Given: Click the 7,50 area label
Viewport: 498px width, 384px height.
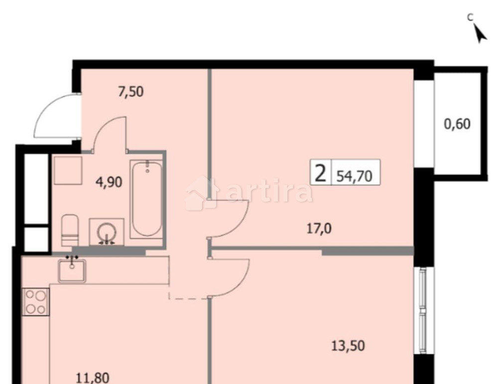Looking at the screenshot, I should click(x=131, y=92).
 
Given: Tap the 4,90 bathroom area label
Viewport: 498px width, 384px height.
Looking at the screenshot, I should click(x=109, y=182).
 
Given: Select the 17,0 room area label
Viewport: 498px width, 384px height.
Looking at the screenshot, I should click(x=319, y=229).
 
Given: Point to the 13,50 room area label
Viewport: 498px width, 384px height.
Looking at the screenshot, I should click(x=348, y=345).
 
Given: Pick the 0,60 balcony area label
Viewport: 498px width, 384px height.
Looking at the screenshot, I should click(x=457, y=124).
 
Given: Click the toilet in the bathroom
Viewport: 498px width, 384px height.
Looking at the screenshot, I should click(x=70, y=230).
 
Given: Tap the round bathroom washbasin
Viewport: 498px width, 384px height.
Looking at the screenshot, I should click(x=106, y=232).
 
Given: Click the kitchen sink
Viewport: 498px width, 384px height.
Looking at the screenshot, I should click(x=72, y=270).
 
